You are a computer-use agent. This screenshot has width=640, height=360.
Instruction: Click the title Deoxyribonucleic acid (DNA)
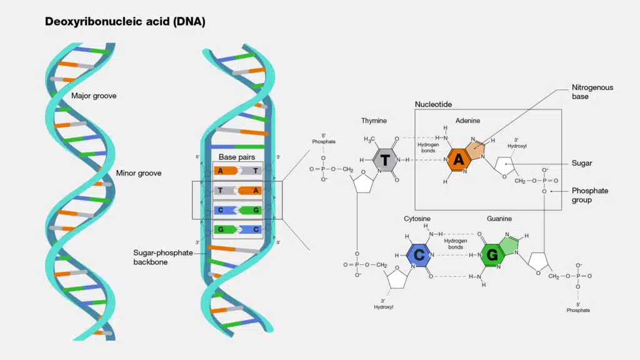coord(125,22)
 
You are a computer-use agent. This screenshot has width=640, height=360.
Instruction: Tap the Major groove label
coord(94,96)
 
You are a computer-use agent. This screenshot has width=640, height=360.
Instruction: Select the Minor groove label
coord(138,173)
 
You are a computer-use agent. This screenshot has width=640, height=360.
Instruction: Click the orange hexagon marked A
coord(459,160)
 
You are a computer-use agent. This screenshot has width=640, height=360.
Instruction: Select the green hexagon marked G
coord(492,255)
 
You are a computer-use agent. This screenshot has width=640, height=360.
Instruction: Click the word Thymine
coord(374,121)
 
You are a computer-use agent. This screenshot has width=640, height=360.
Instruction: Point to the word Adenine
coord(468,121)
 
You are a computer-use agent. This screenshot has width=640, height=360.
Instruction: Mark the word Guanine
coord(500,219)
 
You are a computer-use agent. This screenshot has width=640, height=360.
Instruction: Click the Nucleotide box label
coord(433,104)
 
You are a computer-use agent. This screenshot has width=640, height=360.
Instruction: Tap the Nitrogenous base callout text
coord(592,92)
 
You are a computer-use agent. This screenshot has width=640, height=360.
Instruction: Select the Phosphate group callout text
coord(589,195)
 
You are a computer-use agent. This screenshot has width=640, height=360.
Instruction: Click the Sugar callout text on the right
coord(582,163)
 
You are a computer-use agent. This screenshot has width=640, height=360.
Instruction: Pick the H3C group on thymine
coord(371,139)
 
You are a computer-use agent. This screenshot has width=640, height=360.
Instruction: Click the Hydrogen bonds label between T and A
coord(428,147)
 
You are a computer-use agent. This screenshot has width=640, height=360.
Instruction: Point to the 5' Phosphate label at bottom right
coord(578,307)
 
